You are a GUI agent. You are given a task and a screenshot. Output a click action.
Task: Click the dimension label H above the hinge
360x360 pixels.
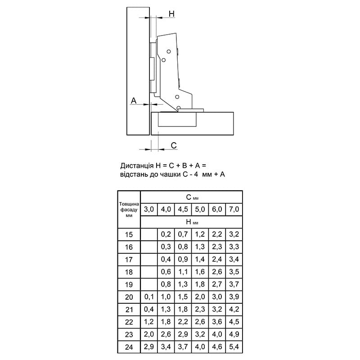click(x=172, y=14)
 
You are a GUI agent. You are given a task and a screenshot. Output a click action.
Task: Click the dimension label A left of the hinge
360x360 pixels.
click(x=133, y=100)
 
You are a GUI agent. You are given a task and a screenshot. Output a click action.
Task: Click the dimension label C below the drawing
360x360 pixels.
click(x=174, y=145)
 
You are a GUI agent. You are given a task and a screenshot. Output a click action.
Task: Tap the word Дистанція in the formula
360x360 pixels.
click(x=137, y=166)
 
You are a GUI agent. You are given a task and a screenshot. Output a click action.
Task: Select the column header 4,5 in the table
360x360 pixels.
click(x=183, y=209)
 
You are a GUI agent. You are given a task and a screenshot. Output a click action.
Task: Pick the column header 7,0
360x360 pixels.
click(x=234, y=209)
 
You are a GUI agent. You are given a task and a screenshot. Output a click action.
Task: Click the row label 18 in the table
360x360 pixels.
click(x=129, y=272)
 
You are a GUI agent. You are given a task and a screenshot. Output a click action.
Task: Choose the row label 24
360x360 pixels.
click(x=129, y=347)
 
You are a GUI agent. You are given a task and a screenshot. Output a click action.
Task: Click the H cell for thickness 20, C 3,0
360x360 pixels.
click(x=149, y=297)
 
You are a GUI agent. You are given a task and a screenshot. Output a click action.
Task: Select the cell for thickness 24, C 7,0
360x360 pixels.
click(x=234, y=346)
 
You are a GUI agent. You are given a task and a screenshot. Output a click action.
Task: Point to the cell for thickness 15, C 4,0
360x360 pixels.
click(x=166, y=234)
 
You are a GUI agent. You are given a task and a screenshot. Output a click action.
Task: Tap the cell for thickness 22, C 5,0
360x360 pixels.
click(x=200, y=322)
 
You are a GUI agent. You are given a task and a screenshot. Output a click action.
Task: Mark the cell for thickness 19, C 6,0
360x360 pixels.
click(x=217, y=284)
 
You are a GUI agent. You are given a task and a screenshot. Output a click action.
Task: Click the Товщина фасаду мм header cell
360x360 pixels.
click(x=129, y=209)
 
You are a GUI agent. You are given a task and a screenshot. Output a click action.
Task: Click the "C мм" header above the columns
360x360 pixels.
click(x=192, y=197)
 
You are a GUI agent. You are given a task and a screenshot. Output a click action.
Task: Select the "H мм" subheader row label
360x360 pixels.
click(x=192, y=222)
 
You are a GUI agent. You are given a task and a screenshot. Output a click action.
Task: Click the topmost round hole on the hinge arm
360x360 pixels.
click(x=169, y=51)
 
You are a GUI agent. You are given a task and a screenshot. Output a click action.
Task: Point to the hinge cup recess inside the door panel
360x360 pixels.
click(x=177, y=119)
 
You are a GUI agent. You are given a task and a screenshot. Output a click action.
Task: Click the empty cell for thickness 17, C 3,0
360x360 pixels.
click(x=149, y=260)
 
